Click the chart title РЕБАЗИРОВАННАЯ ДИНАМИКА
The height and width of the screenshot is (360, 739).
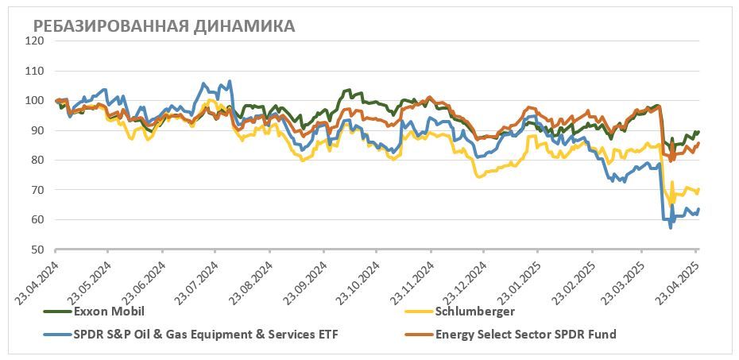point(164,26)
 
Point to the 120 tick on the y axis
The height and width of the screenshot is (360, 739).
point(35,41)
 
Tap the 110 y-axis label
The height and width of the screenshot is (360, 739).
point(35,71)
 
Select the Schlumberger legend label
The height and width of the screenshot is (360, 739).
point(476,311)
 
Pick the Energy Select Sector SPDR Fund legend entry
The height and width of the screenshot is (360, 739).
point(525,335)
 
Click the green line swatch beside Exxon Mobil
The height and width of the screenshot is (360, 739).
point(57,312)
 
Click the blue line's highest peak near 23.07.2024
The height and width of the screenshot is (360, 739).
point(230,81)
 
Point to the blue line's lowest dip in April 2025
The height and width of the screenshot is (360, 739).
point(671,228)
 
